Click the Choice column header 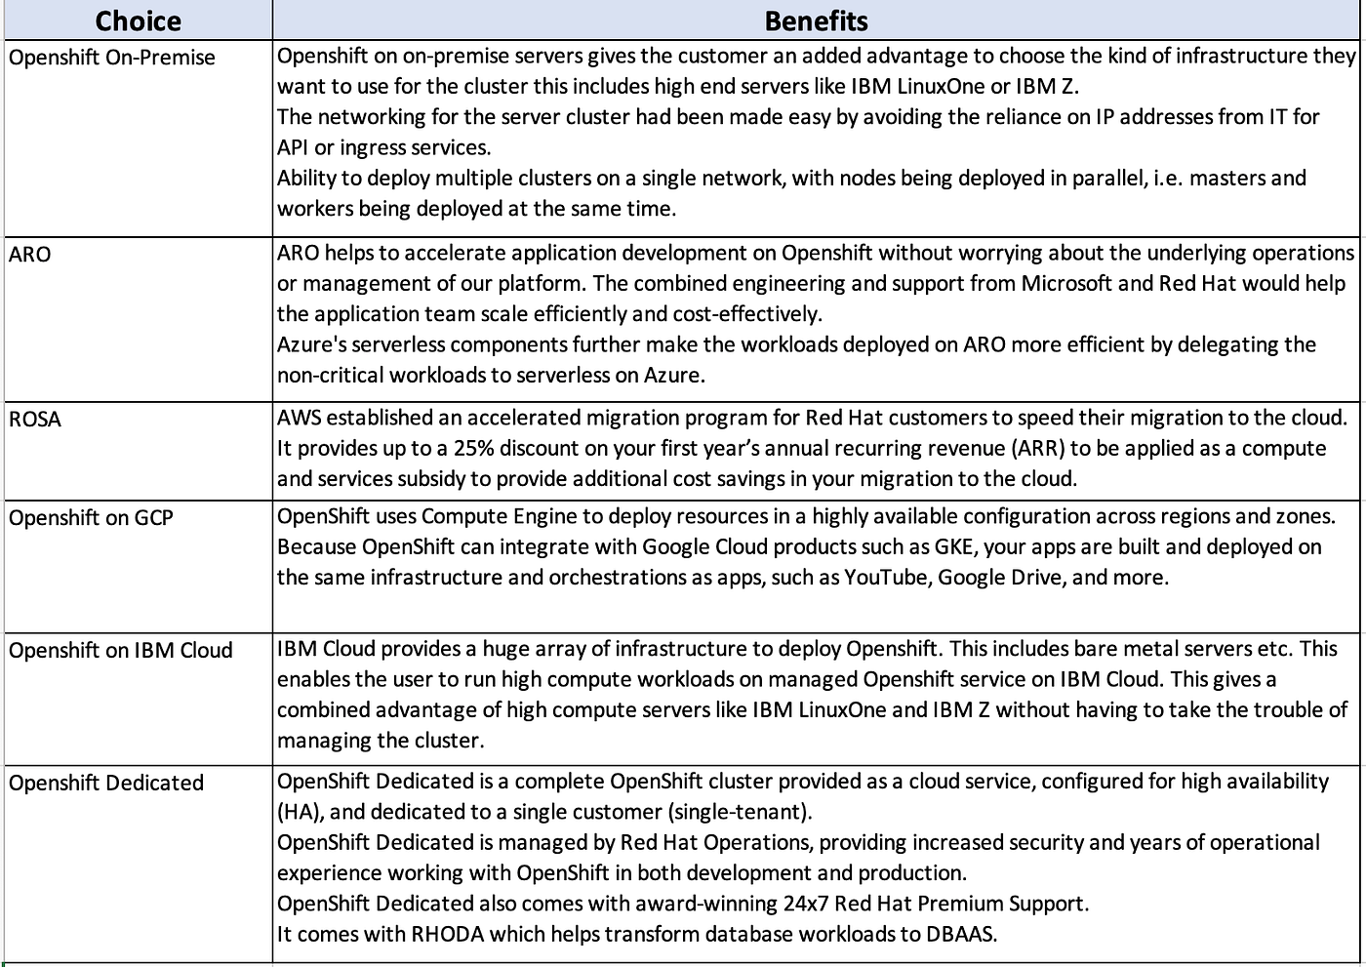click(x=138, y=20)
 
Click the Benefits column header click(x=816, y=20)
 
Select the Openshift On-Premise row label click(x=112, y=58)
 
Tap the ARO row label click(x=30, y=255)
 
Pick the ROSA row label click(x=35, y=420)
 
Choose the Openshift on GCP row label click(x=91, y=518)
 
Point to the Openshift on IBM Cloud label click(x=121, y=651)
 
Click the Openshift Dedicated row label click(x=106, y=784)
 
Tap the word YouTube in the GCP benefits click(x=885, y=578)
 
